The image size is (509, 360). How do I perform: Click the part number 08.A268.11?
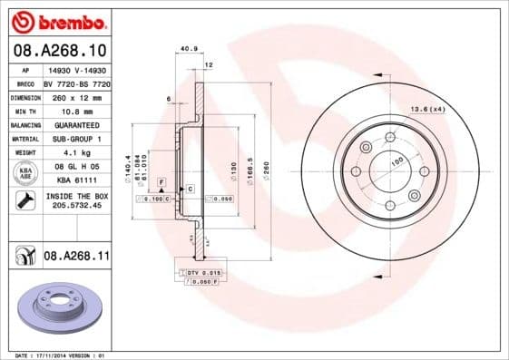[x=77, y=258]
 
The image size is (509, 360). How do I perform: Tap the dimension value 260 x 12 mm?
[x=75, y=95]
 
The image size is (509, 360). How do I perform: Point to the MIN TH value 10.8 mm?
[x=75, y=110]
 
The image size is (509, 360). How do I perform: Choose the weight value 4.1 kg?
[x=75, y=153]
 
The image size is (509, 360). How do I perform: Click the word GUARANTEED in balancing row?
[x=75, y=124]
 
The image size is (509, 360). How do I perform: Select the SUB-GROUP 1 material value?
[x=75, y=139]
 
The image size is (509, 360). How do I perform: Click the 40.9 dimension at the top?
[x=189, y=49]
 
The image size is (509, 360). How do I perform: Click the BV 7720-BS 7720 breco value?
[x=75, y=82]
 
